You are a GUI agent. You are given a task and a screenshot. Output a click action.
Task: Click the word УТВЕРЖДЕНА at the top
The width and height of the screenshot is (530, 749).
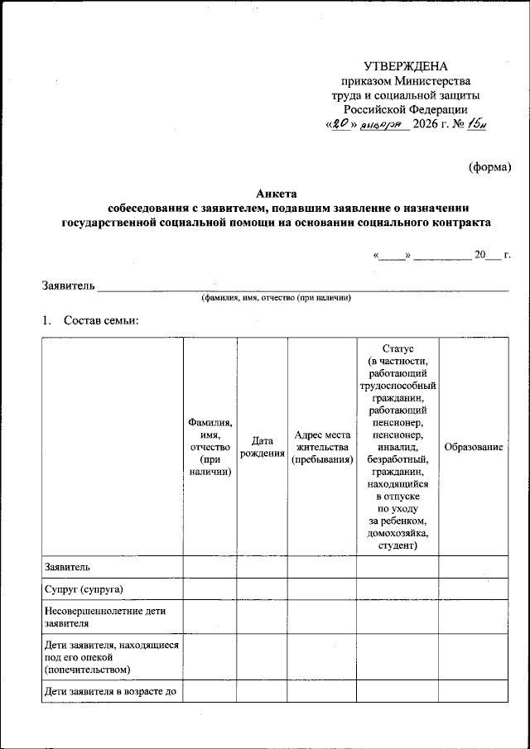[405, 67]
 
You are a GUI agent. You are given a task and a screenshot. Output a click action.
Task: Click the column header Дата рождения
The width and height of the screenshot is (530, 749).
[262, 448]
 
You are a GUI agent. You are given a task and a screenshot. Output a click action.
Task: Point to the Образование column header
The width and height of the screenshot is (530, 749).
[474, 448]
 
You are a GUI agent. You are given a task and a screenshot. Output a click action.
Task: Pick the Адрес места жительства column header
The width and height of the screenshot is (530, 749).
[322, 448]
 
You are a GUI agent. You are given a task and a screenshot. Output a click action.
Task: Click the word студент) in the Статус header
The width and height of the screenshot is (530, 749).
[397, 546]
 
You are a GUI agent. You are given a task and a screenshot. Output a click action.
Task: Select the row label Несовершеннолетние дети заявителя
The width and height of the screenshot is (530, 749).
[105, 617]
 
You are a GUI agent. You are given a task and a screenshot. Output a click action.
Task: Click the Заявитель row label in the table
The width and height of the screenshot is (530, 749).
[68, 567]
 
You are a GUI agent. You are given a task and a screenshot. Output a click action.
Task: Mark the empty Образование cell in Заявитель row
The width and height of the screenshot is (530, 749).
[474, 567]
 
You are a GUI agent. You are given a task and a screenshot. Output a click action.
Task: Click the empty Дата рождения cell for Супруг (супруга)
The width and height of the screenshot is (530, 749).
[262, 589]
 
